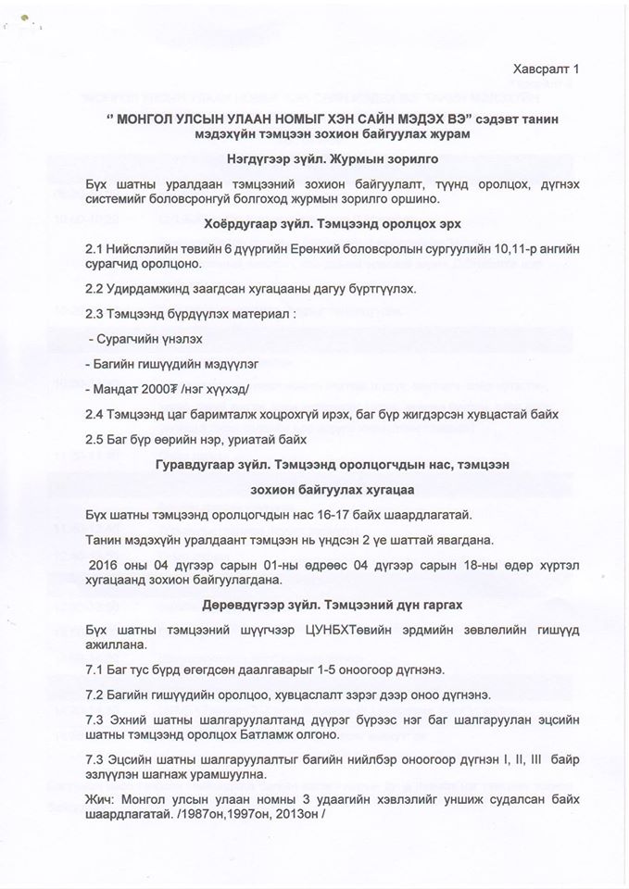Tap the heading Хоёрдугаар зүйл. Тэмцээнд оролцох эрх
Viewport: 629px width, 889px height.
tap(314, 222)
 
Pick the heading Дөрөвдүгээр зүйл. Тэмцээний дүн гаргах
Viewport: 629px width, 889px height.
tap(314, 607)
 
